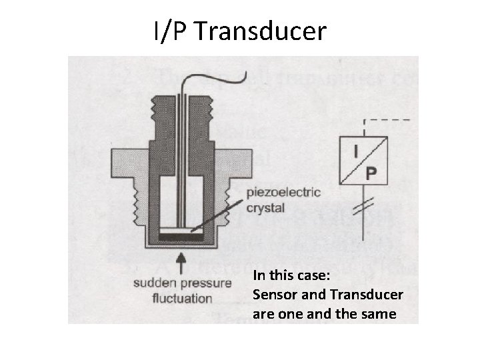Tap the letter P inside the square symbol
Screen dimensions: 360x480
coord(371,173)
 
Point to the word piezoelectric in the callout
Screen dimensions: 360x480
coord(283,193)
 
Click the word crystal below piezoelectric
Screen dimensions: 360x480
coord(266,207)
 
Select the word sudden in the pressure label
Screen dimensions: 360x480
coord(152,283)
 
